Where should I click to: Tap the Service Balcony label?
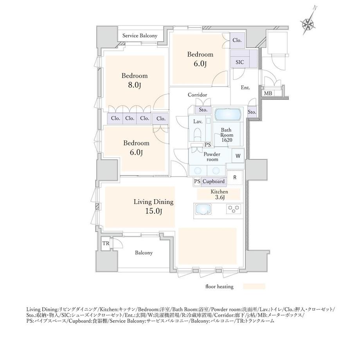(140, 36)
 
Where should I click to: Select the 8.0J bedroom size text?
(134, 85)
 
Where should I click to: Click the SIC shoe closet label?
(240, 62)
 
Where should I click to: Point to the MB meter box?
(268, 93)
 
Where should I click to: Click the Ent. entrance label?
(245, 88)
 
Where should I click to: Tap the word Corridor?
(197, 95)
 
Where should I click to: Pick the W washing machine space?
(238, 156)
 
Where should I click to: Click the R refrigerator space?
(235, 178)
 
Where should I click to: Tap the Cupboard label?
(214, 182)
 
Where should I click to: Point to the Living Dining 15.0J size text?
(154, 211)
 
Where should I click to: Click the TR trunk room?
(106, 243)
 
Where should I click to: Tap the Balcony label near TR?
(144, 253)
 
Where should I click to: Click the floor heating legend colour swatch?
(254, 286)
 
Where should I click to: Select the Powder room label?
(212, 157)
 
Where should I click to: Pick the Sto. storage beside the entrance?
(252, 112)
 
